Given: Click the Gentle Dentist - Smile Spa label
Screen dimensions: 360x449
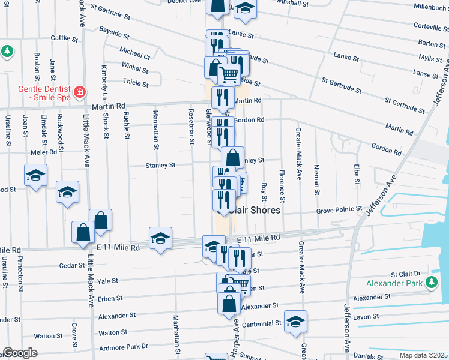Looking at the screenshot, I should (37, 92).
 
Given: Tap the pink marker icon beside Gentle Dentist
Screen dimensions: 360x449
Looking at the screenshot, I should (79, 92).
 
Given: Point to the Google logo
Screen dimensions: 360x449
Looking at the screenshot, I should (20, 353).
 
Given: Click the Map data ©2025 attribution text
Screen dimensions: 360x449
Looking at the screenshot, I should (423, 355).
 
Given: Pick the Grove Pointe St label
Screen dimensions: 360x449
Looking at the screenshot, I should (340, 210).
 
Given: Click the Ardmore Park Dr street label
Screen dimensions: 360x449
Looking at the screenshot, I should (123, 346).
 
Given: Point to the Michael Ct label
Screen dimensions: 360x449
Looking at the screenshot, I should (135, 53).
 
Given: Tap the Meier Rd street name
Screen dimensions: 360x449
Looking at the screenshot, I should (44, 152).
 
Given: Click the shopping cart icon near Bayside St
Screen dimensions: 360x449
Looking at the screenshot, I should (228, 74).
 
